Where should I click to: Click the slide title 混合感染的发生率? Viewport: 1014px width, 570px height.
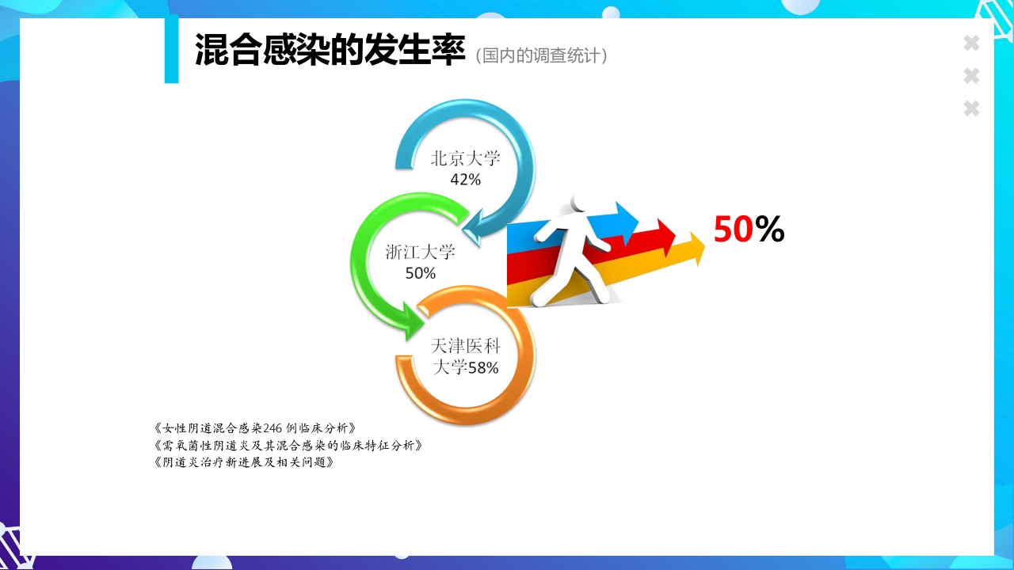(329, 51)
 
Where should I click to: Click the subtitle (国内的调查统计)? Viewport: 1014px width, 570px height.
(542, 56)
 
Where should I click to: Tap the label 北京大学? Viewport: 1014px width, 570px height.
(465, 158)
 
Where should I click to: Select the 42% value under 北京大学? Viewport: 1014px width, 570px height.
(465, 180)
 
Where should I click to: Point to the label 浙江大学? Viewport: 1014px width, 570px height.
(420, 253)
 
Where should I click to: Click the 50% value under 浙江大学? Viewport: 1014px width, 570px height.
(420, 274)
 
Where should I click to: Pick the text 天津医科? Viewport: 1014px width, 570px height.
(465, 347)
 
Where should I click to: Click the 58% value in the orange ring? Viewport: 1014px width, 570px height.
(482, 368)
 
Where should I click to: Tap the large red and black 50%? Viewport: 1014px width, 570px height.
(748, 230)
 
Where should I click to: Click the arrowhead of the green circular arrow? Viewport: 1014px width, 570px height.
(414, 321)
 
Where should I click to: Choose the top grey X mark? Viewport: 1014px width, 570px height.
(971, 44)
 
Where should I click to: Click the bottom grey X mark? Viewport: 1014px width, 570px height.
(971, 108)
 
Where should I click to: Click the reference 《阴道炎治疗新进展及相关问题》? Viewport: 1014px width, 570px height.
(244, 462)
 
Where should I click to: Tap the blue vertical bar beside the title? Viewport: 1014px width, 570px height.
(171, 49)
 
